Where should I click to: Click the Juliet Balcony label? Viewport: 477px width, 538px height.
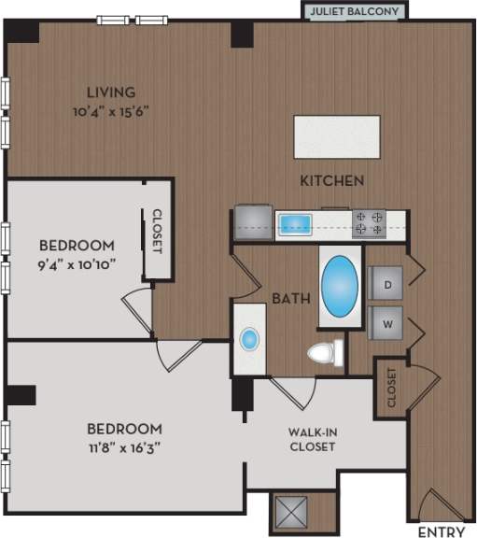coord(356,11)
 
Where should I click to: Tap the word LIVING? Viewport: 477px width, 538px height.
coord(111,92)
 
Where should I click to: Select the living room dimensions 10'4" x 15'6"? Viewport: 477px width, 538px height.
coord(111,110)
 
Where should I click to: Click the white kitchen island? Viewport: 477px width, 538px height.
coord(339,136)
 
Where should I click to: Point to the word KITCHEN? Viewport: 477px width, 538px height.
coord(331,179)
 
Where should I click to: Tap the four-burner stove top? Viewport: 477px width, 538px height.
coord(369,222)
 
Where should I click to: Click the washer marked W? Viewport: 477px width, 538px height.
coord(386,324)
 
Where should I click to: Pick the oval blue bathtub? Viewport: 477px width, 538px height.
coord(340,287)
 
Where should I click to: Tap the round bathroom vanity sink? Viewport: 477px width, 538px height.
coord(249,339)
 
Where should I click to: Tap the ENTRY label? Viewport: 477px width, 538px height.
coord(441,531)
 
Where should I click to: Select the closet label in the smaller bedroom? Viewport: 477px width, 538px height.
coord(156,231)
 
